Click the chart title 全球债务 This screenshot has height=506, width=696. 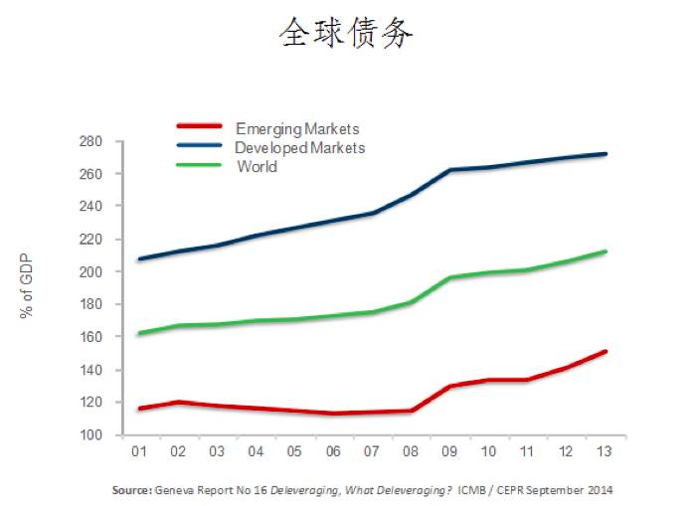click(346, 34)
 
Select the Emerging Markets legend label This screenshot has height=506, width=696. click(297, 129)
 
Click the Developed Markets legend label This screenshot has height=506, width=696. click(299, 148)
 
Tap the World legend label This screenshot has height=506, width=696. click(257, 166)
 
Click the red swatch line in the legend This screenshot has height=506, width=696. click(203, 126)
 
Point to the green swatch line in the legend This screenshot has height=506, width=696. click(203, 164)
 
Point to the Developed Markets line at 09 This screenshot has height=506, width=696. click(449, 170)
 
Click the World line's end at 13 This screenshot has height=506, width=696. click(605, 252)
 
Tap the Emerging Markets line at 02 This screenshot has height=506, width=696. click(180, 402)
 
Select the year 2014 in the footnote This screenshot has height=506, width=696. click(599, 490)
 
